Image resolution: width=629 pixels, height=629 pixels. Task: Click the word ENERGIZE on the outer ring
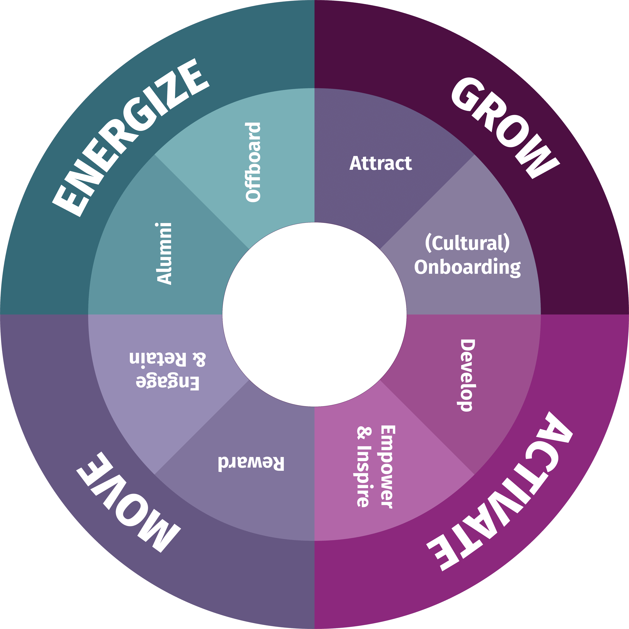130,137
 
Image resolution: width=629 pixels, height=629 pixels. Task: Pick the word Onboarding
467,268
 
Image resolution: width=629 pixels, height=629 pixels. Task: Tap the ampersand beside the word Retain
199,359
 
